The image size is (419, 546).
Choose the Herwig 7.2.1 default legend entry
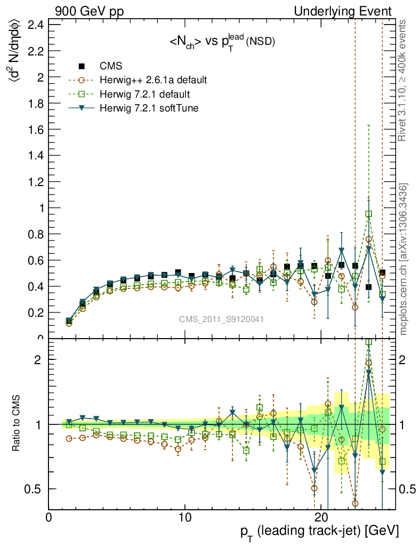144,94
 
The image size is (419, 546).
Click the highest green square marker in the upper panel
369,214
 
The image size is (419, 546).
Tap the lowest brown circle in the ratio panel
355,503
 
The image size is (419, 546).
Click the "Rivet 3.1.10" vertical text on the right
404,80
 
